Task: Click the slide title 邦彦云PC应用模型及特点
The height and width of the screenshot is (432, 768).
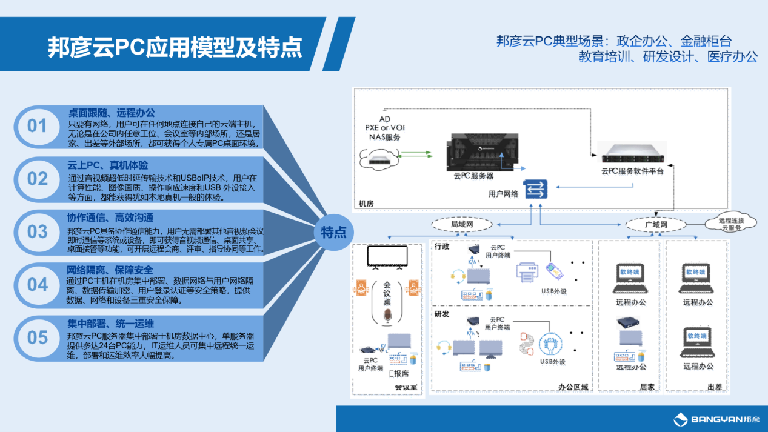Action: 175,47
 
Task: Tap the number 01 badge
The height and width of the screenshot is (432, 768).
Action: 37,125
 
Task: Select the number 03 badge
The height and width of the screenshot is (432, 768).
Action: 37,231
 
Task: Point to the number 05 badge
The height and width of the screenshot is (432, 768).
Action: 37,337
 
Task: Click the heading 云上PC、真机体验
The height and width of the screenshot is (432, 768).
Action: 107,165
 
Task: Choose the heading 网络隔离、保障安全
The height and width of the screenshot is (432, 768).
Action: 110,270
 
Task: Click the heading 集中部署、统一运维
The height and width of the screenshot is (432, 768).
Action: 111,324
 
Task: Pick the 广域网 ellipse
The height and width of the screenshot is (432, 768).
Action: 656,225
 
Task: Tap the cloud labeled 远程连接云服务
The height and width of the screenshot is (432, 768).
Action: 730,224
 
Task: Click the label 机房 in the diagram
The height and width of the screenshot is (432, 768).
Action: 366,204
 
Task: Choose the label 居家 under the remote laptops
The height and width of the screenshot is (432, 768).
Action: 647,386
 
